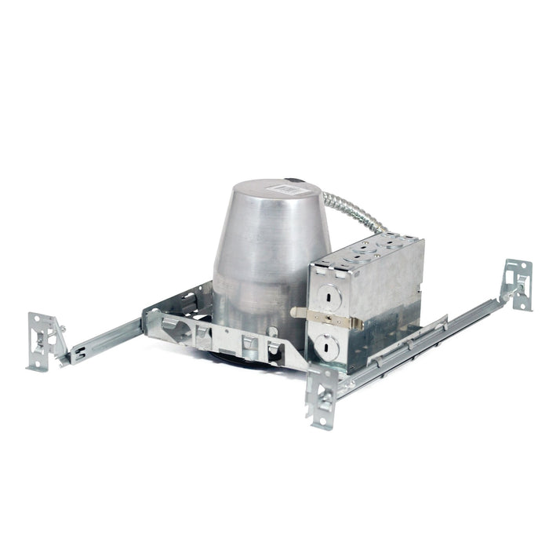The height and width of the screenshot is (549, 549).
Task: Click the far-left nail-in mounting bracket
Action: click(43, 340)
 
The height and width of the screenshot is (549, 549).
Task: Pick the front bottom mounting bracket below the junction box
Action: click(322, 396)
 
